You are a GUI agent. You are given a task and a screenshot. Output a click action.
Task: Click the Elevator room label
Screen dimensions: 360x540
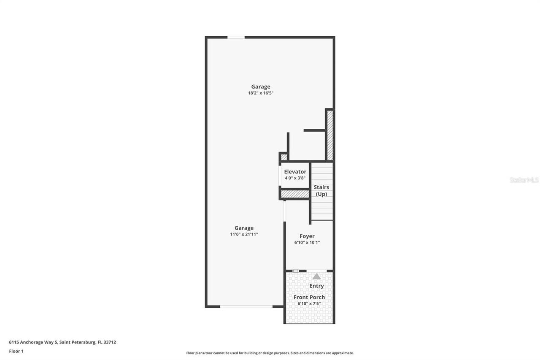click(295, 172)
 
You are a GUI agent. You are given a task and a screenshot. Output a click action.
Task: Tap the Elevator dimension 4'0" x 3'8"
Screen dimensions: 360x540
click(295, 178)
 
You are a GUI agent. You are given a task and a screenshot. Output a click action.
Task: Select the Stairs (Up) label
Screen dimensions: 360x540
click(322, 191)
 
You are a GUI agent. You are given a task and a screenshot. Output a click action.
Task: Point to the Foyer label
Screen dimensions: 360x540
click(307, 236)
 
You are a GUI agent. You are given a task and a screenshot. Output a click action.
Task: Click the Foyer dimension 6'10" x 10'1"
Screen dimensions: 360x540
click(307, 243)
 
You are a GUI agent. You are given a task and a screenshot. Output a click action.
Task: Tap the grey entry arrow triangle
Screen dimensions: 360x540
click(316, 276)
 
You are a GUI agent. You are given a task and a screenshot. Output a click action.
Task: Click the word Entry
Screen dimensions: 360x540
click(316, 286)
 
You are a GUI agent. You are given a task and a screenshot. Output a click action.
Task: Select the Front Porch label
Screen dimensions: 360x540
click(309, 297)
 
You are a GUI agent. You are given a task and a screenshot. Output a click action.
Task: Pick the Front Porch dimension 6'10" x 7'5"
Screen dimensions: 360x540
click(309, 303)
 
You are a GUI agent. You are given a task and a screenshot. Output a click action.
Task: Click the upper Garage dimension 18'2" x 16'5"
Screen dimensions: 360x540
click(261, 93)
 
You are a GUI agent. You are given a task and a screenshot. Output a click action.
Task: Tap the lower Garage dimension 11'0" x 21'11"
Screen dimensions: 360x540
click(244, 234)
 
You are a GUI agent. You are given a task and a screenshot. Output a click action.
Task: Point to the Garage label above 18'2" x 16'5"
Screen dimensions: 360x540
click(261, 87)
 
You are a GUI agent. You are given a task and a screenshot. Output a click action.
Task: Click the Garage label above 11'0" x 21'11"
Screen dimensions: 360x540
click(244, 228)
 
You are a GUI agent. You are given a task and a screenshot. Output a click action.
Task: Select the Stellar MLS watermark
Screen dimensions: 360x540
click(524, 180)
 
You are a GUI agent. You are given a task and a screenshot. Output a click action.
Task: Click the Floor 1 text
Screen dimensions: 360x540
click(16, 351)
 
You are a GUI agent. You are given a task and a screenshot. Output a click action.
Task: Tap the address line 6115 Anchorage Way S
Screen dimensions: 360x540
click(62, 342)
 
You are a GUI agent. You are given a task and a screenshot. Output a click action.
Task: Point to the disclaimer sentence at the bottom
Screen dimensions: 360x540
click(270, 353)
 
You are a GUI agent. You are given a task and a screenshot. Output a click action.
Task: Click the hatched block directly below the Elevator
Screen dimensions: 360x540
click(295, 194)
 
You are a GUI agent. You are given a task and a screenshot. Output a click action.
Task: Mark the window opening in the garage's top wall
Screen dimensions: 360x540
click(236, 38)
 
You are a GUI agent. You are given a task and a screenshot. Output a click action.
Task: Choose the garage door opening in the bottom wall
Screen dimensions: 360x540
click(246, 306)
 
